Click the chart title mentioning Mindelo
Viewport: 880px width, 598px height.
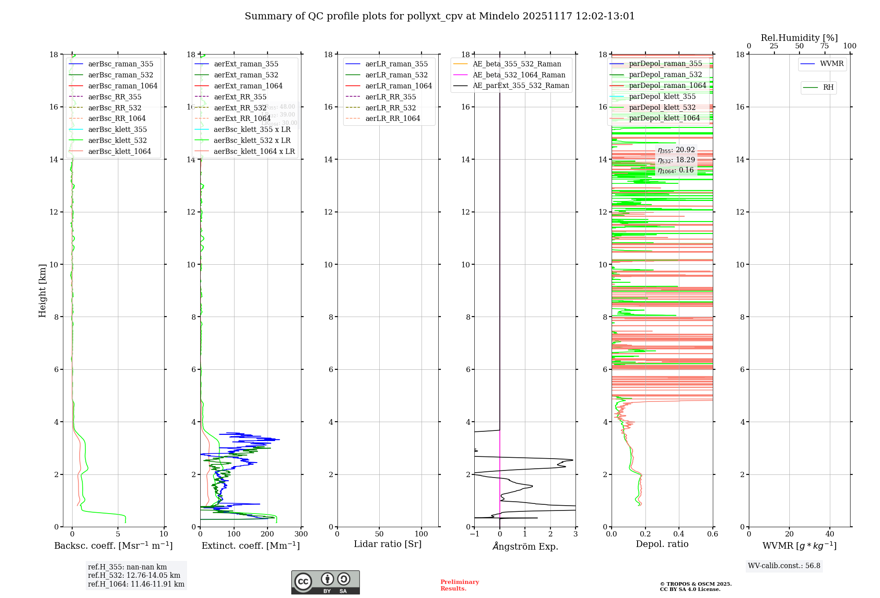point(440,16)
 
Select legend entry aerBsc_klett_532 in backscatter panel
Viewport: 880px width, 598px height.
point(117,140)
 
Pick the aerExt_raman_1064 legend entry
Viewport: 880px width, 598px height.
point(248,86)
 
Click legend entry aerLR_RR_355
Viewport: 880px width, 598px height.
point(390,97)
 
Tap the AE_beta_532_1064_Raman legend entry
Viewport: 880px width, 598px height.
point(519,75)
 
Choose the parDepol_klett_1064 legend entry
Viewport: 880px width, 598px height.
point(664,118)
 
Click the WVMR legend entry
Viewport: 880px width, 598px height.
point(832,64)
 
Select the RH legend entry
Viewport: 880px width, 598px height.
point(828,88)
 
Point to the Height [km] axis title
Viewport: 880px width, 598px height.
point(42,291)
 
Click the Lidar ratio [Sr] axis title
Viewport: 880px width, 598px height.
point(388,544)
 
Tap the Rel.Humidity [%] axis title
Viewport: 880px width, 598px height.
point(799,38)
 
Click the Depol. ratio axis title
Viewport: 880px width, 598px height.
point(662,544)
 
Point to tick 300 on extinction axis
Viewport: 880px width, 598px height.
point(301,534)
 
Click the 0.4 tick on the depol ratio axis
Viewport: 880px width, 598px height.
point(679,534)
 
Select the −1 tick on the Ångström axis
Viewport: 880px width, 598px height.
point(474,534)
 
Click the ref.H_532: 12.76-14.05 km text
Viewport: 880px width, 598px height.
point(134,575)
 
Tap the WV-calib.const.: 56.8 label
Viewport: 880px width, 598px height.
point(784,566)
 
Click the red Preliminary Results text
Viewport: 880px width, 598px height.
point(459,585)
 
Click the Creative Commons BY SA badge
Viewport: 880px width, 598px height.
point(325,583)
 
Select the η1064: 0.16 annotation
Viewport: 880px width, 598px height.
point(676,170)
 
